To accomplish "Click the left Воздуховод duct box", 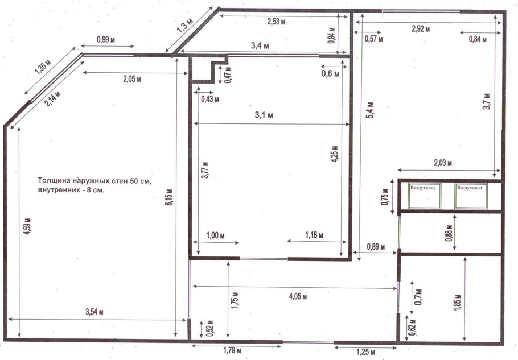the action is tap(425, 196).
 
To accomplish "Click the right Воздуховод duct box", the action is tap(471, 196).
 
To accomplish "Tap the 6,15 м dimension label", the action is tap(168, 197).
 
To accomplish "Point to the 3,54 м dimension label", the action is tap(94, 312).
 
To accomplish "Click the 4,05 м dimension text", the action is tap(298, 296).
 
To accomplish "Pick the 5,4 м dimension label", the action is tap(371, 110).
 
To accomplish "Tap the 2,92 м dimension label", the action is tap(421, 28).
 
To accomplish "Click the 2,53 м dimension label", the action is tap(276, 22).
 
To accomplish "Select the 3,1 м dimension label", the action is tap(264, 115).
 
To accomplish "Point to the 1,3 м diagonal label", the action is tap(185, 26).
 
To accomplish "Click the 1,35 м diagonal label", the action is tap(43, 67).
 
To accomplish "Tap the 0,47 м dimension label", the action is tap(228, 75).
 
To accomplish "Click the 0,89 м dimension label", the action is tap(376, 246).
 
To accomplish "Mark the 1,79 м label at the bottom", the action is tap(232, 350).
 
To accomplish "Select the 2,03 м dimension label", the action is tap(442, 163).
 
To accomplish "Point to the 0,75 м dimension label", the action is tap(385, 197).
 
